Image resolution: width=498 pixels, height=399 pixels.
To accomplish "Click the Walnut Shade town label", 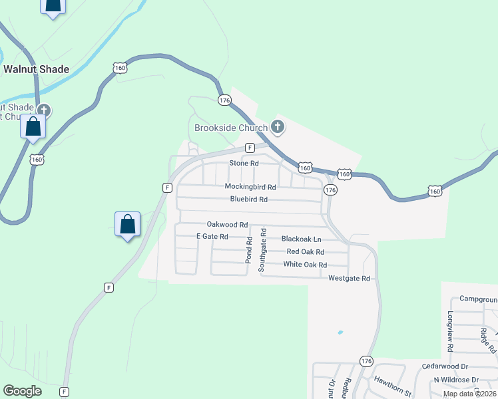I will pos(36,68).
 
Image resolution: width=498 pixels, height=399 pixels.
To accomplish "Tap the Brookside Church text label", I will pos(230,127).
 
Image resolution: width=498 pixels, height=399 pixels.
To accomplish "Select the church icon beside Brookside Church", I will pos(278,126).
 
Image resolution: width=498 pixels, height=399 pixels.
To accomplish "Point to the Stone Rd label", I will pos(244,163).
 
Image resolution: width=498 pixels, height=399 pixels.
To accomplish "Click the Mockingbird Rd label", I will pos(250,187).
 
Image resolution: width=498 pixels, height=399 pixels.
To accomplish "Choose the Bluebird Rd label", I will pos(249,199).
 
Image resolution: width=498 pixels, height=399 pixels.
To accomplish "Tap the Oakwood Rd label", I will pos(227,225).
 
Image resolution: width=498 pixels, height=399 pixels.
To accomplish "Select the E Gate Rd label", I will pos(212,237).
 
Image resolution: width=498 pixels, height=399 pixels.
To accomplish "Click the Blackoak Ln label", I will pos(301,239).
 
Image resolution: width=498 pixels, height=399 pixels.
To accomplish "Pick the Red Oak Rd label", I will pos(305,252).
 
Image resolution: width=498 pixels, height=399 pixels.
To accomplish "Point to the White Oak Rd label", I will pos(305,265).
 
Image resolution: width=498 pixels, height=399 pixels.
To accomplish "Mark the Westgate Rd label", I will pos(349,279).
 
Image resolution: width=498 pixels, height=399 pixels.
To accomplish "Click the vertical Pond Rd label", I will pos(248,250).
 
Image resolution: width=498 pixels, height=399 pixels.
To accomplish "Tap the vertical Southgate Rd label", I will pos(263,250).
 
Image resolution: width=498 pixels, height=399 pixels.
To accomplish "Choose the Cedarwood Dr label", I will pos(445,366).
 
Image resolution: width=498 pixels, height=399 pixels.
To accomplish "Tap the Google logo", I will pos(23,391).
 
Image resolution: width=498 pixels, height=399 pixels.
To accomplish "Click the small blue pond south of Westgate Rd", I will pos(340,332).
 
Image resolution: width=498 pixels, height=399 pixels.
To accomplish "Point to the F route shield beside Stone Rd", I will pos(250,148).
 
